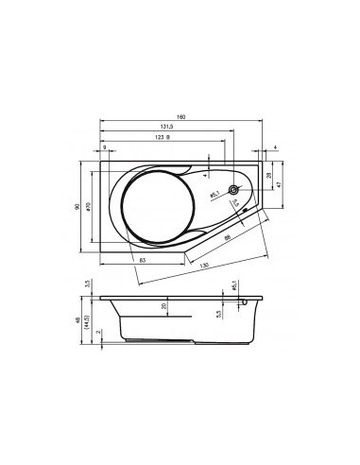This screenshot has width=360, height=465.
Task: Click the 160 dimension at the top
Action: [180, 116]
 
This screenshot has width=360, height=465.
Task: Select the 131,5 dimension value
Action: [164, 128]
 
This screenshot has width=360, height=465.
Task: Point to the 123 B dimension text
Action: [161, 139]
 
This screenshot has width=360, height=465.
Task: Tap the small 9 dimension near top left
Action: [104, 147]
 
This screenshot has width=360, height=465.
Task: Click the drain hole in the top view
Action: [233, 190]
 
